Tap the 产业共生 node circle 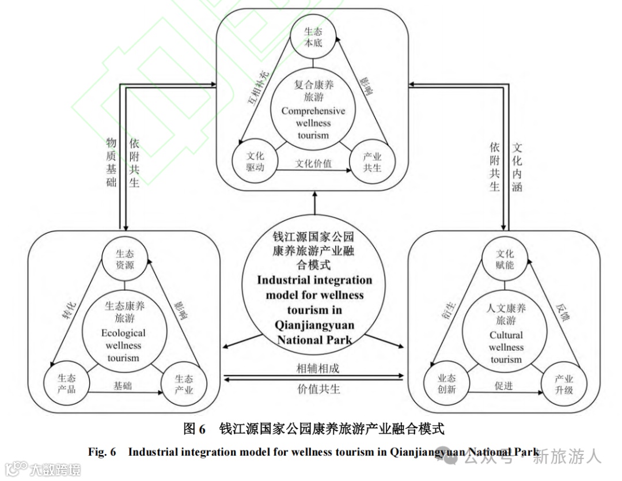click(x=372, y=162)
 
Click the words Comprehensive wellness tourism click(x=313, y=123)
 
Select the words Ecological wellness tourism click(x=123, y=346)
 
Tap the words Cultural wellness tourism click(x=506, y=347)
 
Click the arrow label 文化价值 click(x=313, y=164)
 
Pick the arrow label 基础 click(x=122, y=385)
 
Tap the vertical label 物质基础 click(x=111, y=162)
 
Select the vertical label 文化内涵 click(x=517, y=167)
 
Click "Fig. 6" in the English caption click(x=102, y=452)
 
